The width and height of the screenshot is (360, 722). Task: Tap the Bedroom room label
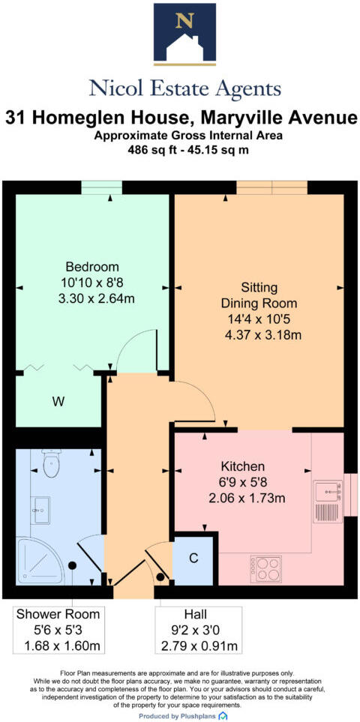(92, 267)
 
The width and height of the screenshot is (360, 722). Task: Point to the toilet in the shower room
(51, 464)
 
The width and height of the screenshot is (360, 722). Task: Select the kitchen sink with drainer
(327, 502)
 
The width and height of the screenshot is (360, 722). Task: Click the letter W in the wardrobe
(58, 402)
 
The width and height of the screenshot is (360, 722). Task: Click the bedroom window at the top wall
(101, 187)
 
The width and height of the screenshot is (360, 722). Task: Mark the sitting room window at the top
(271, 187)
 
